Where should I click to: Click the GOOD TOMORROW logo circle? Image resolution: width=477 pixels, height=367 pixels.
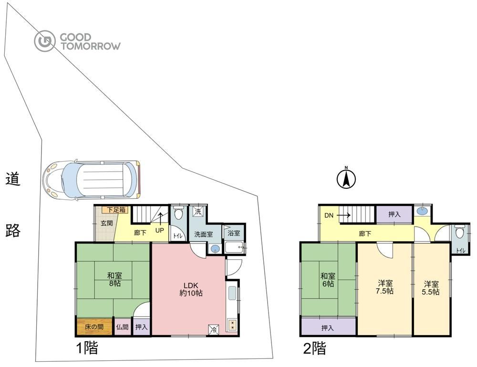[x=45, y=41]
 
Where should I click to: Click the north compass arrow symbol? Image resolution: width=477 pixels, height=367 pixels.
[x=346, y=179]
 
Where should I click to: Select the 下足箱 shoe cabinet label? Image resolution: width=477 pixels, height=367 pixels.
[x=116, y=210]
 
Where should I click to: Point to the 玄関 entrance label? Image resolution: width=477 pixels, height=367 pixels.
[x=107, y=223]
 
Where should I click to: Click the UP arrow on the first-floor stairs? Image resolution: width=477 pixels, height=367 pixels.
[x=160, y=219]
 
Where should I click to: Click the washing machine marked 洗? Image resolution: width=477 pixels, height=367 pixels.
[x=198, y=212]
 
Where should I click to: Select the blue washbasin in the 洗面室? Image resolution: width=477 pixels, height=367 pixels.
[x=216, y=249]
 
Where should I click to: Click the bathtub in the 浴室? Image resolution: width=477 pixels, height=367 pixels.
[x=235, y=247]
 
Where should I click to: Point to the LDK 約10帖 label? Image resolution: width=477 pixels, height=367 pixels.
[x=191, y=289]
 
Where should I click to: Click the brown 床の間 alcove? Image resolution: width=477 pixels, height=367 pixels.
[x=94, y=327]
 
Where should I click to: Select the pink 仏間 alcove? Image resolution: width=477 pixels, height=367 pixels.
[x=122, y=327]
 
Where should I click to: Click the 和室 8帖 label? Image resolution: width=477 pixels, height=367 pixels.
[x=114, y=280]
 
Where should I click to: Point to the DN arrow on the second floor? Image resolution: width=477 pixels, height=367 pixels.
[x=343, y=215]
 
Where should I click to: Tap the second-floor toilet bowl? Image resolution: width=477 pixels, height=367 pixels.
[x=459, y=233]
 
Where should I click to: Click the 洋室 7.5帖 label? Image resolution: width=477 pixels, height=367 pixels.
[x=385, y=287]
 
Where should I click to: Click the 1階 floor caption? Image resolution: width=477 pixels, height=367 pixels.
[x=87, y=348]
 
